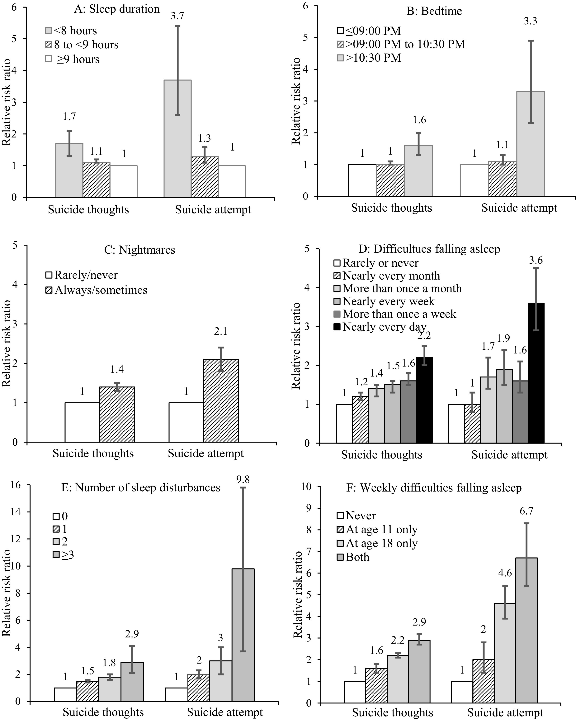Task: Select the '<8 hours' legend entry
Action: [x=71, y=31]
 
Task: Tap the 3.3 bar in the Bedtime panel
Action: [x=531, y=144]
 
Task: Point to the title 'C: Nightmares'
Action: [x=139, y=250]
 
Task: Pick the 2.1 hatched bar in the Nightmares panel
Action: [x=221, y=401]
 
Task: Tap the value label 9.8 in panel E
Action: [x=243, y=480]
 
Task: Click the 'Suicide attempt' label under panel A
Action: [x=213, y=210]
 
